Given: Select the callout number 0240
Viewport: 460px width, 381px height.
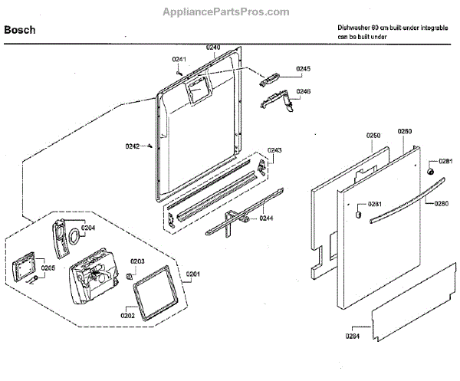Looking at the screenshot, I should click(x=213, y=48).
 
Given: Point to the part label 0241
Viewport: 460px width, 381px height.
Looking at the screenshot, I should click(x=179, y=60).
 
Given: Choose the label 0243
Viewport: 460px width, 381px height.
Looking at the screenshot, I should click(x=274, y=149).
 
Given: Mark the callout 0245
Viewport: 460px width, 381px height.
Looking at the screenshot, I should click(x=303, y=69).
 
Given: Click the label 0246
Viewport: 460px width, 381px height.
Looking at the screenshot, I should click(x=303, y=91).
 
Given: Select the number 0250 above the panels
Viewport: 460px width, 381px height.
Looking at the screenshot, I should click(x=373, y=136).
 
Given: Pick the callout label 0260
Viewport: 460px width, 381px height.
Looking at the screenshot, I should click(x=406, y=132).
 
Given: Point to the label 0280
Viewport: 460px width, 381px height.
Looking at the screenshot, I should click(x=441, y=203).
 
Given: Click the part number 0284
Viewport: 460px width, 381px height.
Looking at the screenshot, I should click(x=351, y=334).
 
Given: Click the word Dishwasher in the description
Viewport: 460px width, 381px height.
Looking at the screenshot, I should click(x=354, y=27).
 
